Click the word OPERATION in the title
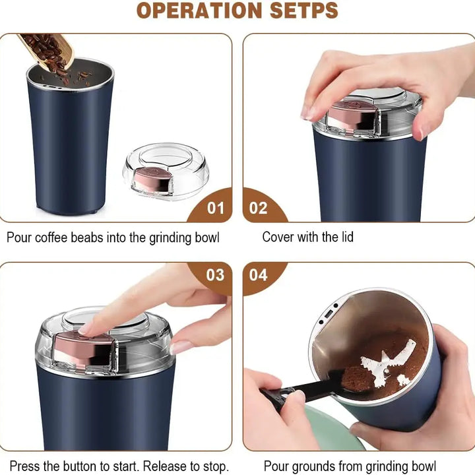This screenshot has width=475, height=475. (x=190, y=11)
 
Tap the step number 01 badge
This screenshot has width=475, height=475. (x=216, y=208)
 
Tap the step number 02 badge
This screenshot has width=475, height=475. (x=258, y=208)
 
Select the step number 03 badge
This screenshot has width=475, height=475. (x=215, y=274)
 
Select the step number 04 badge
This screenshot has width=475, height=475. (x=258, y=274)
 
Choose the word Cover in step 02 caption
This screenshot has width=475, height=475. (x=278, y=237)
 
